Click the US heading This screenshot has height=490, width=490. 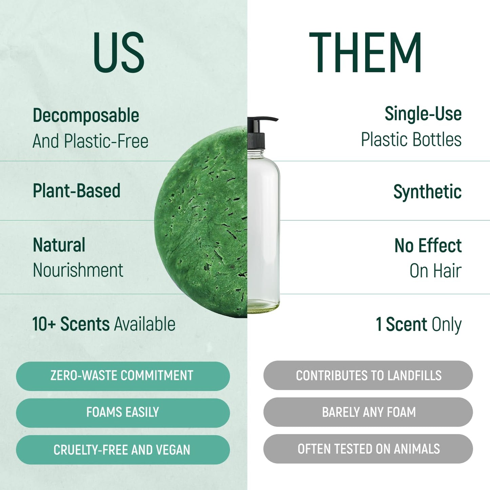click(x=119, y=53)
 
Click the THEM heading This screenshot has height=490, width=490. click(x=365, y=53)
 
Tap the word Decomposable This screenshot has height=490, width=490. click(x=86, y=115)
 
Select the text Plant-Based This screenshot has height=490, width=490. click(x=77, y=191)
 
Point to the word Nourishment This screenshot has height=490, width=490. click(x=78, y=270)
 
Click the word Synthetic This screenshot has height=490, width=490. click(x=427, y=192)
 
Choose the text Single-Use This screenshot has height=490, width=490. click(x=423, y=114)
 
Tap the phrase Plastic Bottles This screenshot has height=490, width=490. click(x=411, y=139)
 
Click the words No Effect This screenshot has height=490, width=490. click(x=428, y=246)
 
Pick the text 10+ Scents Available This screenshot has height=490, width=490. click(x=104, y=324)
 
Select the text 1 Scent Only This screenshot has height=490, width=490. click(x=418, y=325)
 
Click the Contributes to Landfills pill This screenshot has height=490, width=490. click(x=368, y=375)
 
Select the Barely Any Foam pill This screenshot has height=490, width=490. click(x=368, y=412)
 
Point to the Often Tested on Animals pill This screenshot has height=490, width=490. click(x=368, y=449)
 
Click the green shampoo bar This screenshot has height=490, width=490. click(x=203, y=220)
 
